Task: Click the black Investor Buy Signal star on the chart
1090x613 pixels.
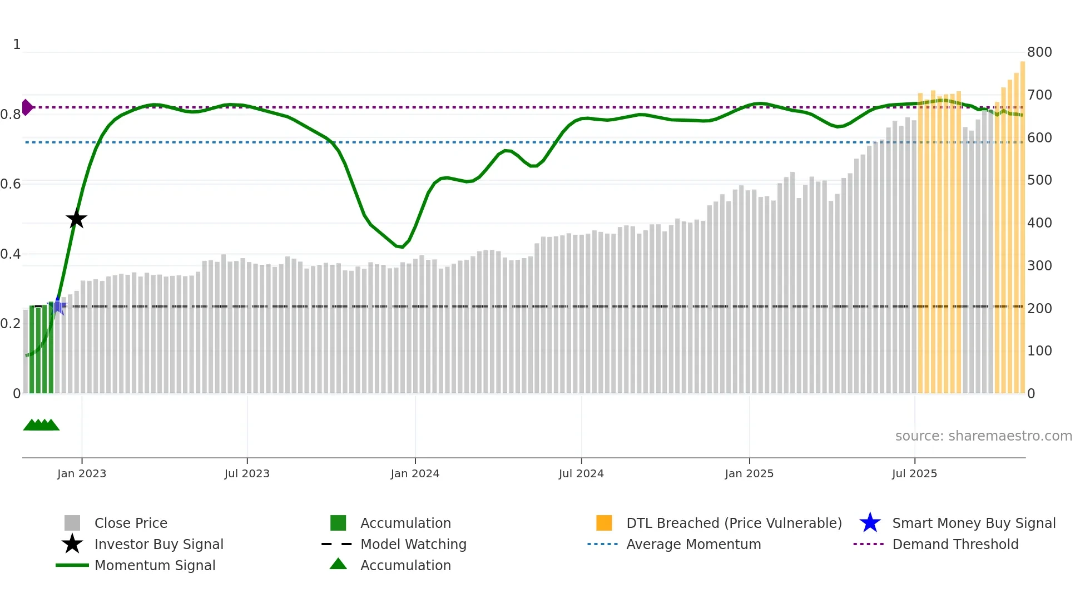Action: tap(77, 219)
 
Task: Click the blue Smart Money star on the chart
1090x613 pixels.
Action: tap(58, 305)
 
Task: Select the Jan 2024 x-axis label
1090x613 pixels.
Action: tap(415, 473)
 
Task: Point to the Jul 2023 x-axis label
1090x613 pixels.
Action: tap(247, 473)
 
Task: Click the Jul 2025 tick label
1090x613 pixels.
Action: tap(914, 473)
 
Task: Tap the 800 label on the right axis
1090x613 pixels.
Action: tap(1039, 52)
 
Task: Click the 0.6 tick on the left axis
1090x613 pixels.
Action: tap(11, 184)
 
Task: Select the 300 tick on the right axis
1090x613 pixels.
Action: tap(1039, 266)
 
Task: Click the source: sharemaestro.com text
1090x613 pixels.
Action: tap(983, 436)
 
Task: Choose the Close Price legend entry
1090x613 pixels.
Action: tap(131, 523)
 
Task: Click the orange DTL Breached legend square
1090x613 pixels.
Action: tap(604, 523)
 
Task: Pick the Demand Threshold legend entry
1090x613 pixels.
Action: tap(955, 544)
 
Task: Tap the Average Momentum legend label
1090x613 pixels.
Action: tap(693, 544)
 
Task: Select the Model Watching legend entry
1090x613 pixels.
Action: tap(413, 544)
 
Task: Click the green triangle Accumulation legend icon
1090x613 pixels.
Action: tap(338, 564)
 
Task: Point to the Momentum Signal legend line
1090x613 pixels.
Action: tap(72, 565)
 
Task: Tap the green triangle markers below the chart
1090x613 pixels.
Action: tap(41, 425)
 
